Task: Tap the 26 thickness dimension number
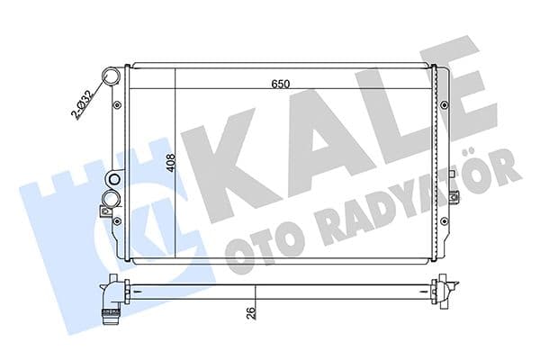pyautogui.click(x=249, y=314)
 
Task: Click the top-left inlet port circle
pyautogui.click(x=111, y=76)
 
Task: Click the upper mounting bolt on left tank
pyautogui.click(x=117, y=105)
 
